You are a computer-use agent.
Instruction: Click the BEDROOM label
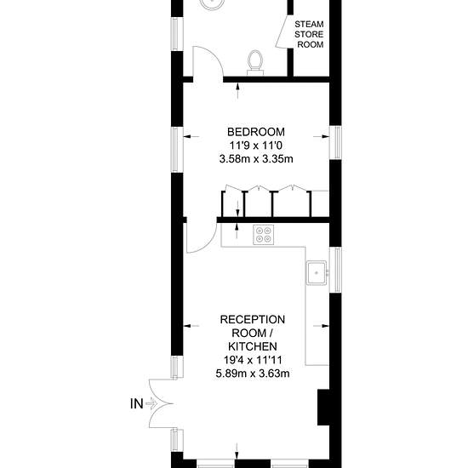(256, 132)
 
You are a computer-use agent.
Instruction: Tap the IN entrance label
(137, 404)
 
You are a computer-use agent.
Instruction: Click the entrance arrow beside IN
(152, 404)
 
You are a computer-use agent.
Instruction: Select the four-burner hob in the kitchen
(263, 235)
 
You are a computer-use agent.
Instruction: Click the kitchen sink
(317, 272)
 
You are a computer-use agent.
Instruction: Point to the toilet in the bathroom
(255, 62)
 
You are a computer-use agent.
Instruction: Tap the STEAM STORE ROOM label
(309, 34)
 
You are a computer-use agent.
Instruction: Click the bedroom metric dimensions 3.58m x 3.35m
(256, 159)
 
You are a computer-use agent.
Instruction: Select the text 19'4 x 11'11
(253, 360)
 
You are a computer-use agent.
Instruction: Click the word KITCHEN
(253, 346)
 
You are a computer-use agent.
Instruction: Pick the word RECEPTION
(253, 320)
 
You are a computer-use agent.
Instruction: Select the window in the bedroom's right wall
(335, 143)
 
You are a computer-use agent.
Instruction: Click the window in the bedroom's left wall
(177, 150)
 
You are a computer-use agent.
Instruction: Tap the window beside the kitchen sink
(335, 270)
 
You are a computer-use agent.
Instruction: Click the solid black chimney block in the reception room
(323, 407)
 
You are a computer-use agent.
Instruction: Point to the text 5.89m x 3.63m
(253, 374)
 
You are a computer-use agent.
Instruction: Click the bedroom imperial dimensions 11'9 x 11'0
(256, 146)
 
